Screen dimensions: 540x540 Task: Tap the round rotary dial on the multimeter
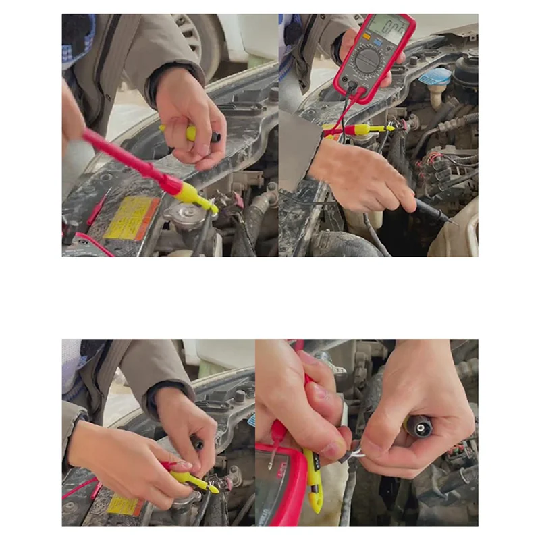pos(369,61)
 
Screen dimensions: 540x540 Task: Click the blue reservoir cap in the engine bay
pos(435,76)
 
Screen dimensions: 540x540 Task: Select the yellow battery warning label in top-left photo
pos(132,218)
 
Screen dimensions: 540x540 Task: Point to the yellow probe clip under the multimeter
pos(368,129)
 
